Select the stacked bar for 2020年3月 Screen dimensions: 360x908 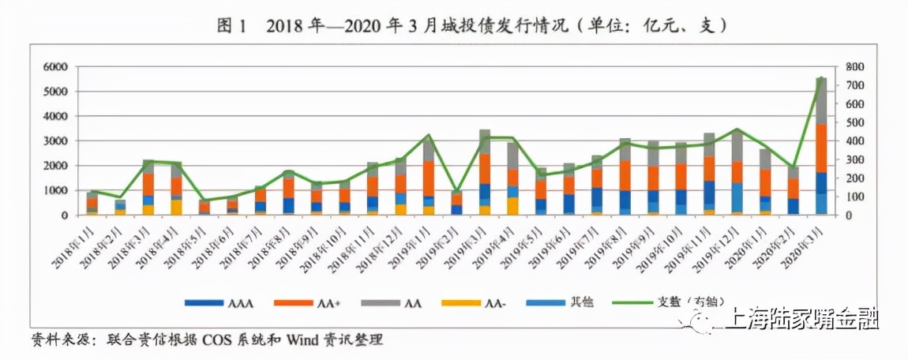click(x=821, y=147)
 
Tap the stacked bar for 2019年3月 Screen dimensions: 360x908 click(x=485, y=173)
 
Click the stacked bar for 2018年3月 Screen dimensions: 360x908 click(x=148, y=188)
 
